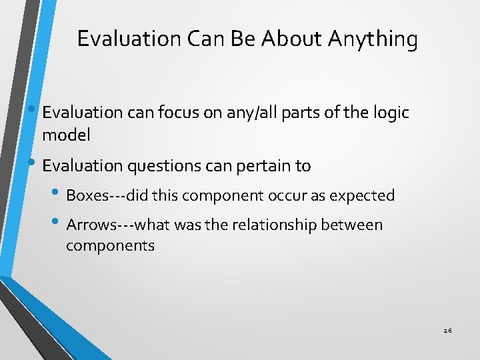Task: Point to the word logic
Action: tap(387, 113)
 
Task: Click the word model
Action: tap(66, 135)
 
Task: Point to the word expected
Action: tap(364, 196)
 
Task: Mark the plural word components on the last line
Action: tap(110, 245)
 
